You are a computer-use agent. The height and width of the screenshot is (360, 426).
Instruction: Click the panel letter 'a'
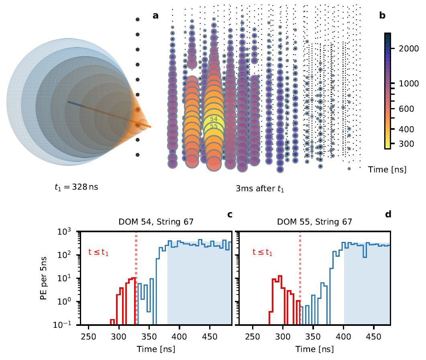tap(156, 16)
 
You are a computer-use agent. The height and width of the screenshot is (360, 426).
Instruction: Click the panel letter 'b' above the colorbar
tap(382, 16)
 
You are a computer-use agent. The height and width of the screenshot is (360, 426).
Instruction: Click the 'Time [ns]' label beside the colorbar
tap(387, 170)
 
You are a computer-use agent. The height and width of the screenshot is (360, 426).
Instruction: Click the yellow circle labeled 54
tap(214, 119)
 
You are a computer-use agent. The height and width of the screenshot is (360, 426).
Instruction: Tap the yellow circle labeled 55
tap(214, 127)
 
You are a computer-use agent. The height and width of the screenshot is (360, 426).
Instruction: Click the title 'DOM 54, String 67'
tap(156, 222)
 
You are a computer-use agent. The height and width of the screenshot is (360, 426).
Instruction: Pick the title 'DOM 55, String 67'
tap(314, 222)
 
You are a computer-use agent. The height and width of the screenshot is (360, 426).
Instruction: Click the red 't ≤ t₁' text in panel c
tap(99, 253)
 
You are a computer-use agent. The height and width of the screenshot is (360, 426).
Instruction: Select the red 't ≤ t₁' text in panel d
tap(263, 253)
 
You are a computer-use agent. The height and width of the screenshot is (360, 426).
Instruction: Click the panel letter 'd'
tap(388, 215)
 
